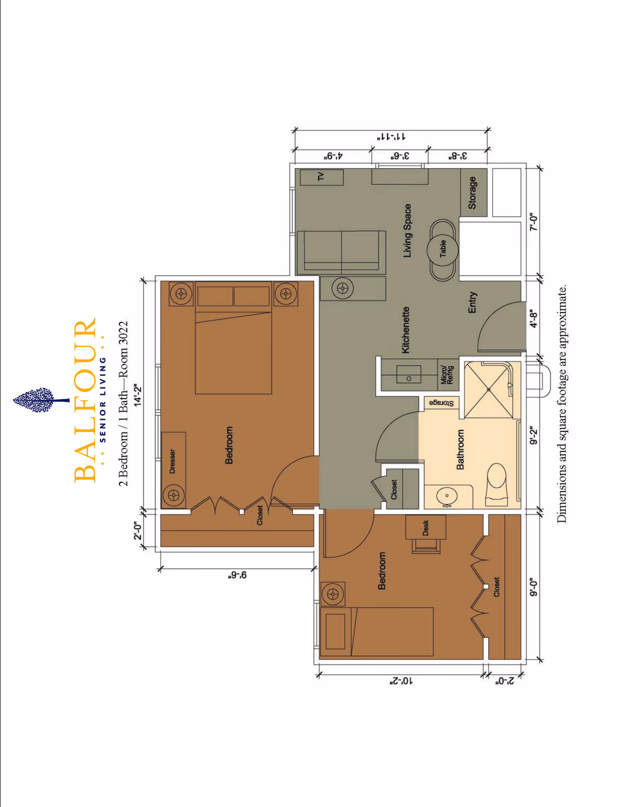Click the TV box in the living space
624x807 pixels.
click(x=321, y=177)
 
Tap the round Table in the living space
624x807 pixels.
click(x=442, y=250)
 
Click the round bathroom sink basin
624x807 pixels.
click(x=447, y=496)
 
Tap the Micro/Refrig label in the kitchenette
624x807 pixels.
click(x=447, y=374)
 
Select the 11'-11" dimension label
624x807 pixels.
click(x=391, y=137)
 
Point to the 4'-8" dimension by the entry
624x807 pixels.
click(x=534, y=319)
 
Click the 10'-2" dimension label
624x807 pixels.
click(x=401, y=681)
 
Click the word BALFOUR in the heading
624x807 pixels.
click(x=85, y=400)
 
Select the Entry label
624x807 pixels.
click(x=472, y=302)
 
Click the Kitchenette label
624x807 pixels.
click(x=406, y=330)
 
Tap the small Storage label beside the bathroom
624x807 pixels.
click(x=441, y=403)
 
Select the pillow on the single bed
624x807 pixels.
click(x=335, y=631)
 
